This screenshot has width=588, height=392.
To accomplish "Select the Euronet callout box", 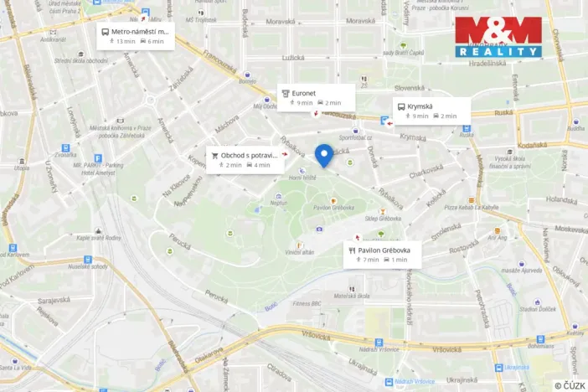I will point(316,97).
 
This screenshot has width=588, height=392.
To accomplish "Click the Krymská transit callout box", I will point(431,111).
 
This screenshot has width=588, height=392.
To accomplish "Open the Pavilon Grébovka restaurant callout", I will point(381,255).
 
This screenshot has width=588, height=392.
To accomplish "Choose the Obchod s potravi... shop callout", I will point(245,160).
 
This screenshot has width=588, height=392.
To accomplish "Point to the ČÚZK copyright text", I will point(569,385).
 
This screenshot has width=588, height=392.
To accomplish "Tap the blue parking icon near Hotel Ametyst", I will point(98,157).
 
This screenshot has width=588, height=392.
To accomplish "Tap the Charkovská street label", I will point(426,170).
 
